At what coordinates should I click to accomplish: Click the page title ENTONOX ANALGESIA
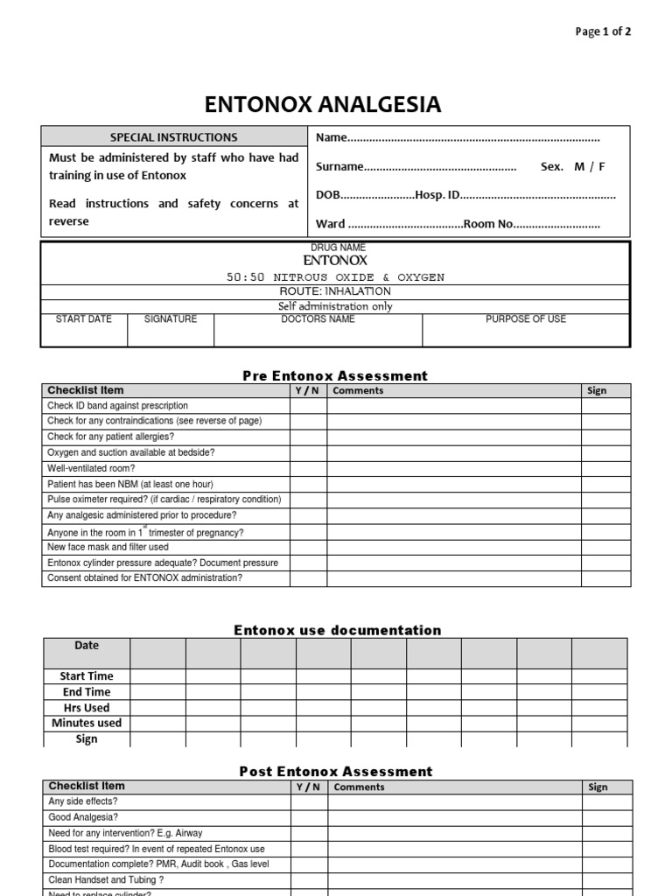pos(323,105)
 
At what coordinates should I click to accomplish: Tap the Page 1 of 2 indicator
pos(602,31)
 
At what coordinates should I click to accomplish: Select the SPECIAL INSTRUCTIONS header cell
pos(173,137)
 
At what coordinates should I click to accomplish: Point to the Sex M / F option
pos(572,166)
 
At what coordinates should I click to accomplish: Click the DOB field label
pos(327,195)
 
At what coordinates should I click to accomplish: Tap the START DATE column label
pos(84,319)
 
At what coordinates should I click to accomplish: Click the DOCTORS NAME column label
pos(318,319)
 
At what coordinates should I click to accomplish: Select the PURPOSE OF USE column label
pos(526,319)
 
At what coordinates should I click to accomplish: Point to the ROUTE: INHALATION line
pos(335,291)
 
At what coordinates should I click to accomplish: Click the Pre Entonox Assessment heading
pos(335,375)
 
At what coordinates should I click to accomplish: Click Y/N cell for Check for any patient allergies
pos(308,437)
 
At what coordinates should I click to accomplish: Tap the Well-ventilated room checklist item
pos(91,468)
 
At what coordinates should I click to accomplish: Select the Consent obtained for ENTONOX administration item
pos(145,578)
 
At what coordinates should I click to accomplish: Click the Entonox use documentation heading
pos(337,630)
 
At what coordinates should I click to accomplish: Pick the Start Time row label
pos(87,676)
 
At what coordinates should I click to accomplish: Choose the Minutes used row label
pos(87,723)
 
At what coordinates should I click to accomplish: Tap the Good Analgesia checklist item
pos(84,817)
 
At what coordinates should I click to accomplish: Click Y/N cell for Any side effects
pos(308,801)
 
